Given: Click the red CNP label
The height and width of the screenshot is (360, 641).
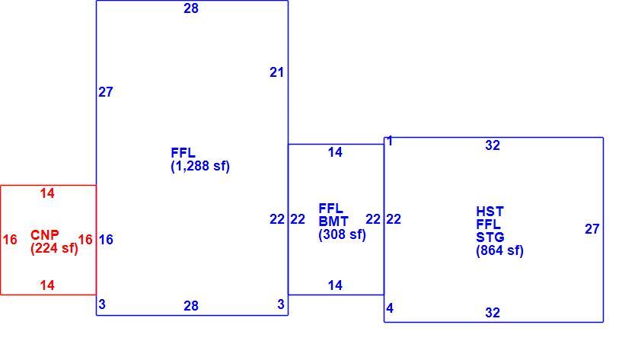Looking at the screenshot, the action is tap(45, 235).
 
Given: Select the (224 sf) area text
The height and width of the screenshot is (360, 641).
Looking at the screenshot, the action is tap(54, 248).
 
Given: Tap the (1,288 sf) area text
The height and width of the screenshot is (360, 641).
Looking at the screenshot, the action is tap(200, 166).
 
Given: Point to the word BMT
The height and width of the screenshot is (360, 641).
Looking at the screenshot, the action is tap(333, 221).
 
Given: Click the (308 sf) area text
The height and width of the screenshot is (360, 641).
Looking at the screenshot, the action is tap(342, 234).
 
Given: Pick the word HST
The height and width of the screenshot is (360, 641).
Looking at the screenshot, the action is tap(490, 212).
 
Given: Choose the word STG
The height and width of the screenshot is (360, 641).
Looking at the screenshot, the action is tap(490, 237).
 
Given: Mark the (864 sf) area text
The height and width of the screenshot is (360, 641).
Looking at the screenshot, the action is tap(499, 250).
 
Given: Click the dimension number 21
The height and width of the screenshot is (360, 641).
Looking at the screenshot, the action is tap(277, 72).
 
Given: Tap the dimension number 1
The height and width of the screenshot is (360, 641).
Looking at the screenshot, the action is tap(390, 141).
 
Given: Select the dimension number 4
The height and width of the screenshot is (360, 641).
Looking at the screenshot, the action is tap(390, 308).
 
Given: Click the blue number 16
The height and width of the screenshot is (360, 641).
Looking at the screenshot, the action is tap(106, 240).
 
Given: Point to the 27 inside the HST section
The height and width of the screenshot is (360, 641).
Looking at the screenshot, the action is tap(592, 229).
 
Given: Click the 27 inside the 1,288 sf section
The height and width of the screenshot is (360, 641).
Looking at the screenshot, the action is tap(106, 92).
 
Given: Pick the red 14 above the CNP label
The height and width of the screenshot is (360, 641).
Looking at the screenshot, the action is tap(47, 193).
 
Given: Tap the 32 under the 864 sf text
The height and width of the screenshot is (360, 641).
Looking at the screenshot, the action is tap(493, 313).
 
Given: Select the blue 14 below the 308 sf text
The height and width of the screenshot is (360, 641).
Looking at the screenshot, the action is tap(335, 285).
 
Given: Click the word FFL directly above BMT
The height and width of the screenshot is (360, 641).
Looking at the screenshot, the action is tap(330, 209).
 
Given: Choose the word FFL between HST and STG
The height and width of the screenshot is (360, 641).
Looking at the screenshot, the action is tap(489, 225).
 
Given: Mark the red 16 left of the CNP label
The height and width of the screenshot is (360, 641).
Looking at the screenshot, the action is tap(10, 240).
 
